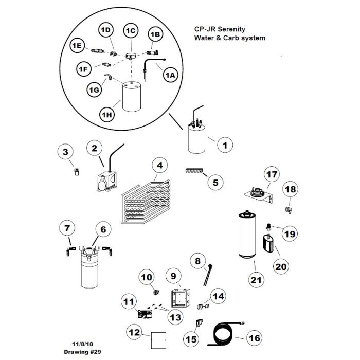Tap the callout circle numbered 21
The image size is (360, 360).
coord(256,280)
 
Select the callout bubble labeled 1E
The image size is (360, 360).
coord(77,46)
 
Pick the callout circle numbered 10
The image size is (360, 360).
coord(147,279)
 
